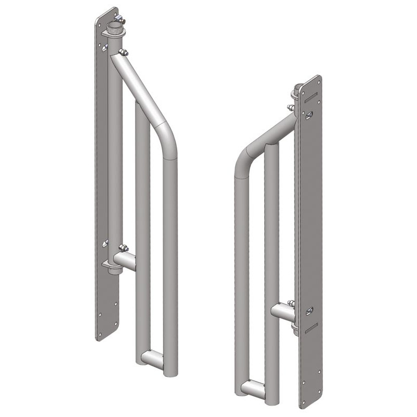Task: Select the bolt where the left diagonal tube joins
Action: point(124,52)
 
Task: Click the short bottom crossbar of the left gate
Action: point(152,360)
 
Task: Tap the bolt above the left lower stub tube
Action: point(124,248)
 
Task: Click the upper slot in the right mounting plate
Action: point(311,97)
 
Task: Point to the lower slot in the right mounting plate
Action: point(311,327)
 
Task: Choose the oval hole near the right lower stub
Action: point(309,311)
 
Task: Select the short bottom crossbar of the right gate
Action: point(253,389)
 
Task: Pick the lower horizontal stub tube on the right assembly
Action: point(283,312)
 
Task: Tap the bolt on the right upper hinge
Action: point(291,108)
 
